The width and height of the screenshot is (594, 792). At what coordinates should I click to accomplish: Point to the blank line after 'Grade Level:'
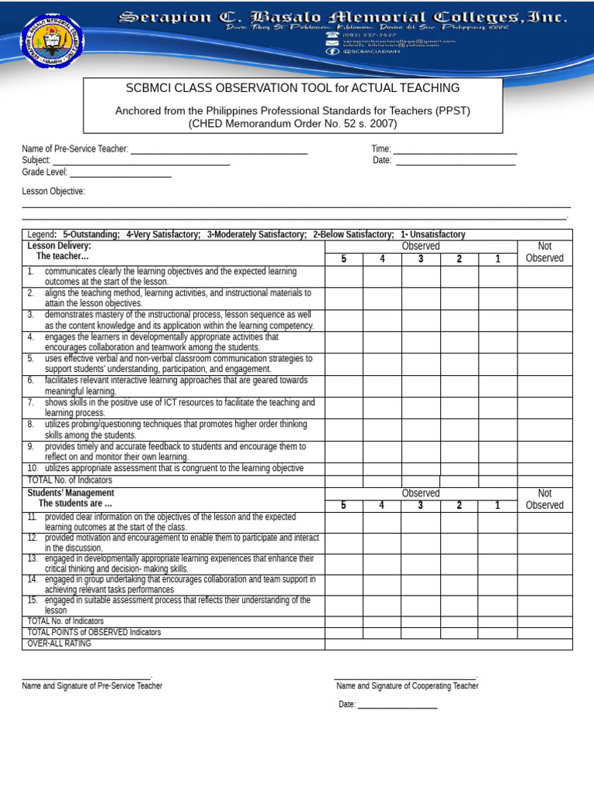click(120, 172)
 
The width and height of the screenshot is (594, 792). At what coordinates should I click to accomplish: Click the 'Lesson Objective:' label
click(53, 191)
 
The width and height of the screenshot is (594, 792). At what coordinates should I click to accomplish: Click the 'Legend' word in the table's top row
click(41, 234)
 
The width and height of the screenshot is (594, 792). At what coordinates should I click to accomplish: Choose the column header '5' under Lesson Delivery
click(343, 258)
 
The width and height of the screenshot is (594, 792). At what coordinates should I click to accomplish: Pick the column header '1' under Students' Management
click(497, 505)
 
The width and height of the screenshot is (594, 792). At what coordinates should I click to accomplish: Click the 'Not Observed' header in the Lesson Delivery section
click(544, 252)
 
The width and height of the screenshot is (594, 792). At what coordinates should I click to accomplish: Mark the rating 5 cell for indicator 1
click(343, 277)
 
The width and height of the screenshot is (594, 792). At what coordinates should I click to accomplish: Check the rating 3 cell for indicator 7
click(421, 408)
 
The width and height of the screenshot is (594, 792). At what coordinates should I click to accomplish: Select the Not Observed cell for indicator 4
click(544, 342)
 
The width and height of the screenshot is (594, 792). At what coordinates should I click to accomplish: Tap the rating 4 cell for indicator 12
click(382, 543)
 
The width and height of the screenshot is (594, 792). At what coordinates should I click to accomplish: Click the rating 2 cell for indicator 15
click(459, 605)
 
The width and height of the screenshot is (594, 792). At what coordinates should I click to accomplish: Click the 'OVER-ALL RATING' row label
click(60, 643)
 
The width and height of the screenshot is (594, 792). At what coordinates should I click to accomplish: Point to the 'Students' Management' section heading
click(70, 493)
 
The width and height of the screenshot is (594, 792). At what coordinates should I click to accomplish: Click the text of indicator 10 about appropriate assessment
click(174, 469)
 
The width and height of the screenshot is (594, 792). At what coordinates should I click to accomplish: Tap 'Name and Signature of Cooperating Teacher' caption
click(407, 686)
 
